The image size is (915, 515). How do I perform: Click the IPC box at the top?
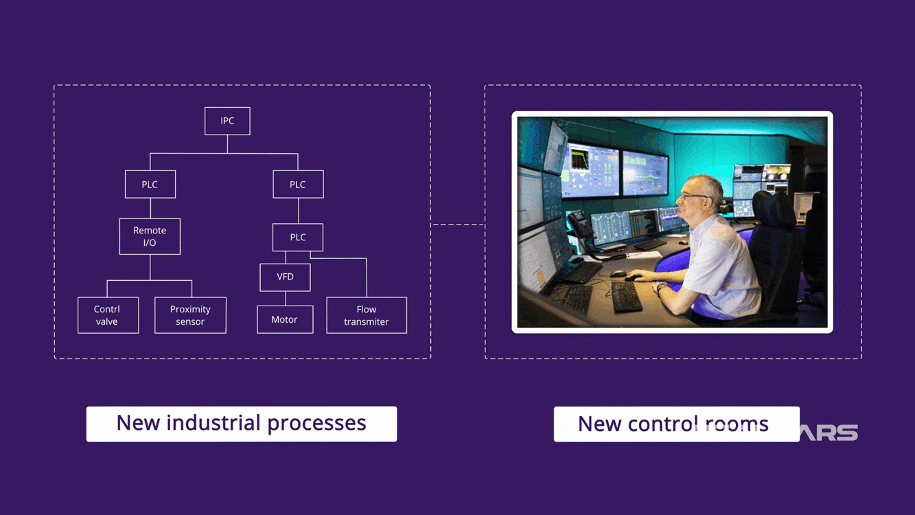[x=227, y=121]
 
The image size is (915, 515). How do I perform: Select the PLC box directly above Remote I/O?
[x=150, y=184]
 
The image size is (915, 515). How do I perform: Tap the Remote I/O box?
[x=150, y=236]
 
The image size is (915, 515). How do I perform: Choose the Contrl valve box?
[x=108, y=315]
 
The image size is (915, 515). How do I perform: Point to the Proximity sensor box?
[x=190, y=315]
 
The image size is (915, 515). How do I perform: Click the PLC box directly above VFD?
[x=297, y=237]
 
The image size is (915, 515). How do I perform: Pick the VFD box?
[x=285, y=277]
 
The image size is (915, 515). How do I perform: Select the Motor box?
[x=284, y=319]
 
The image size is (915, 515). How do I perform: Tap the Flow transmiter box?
[x=366, y=315]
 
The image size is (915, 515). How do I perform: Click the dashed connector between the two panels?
[x=457, y=225]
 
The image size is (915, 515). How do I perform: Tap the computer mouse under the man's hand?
[x=629, y=278]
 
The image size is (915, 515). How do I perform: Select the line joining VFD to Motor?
[x=285, y=298]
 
